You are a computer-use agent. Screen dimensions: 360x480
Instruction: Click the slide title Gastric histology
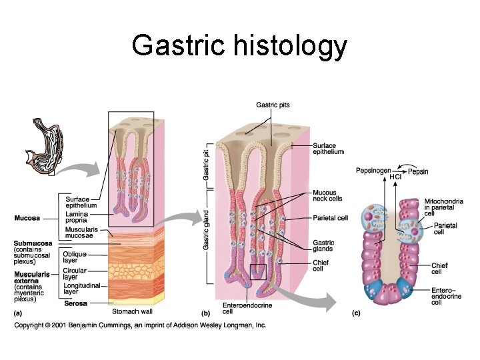point(239,46)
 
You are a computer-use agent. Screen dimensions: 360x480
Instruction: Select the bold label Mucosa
point(27,218)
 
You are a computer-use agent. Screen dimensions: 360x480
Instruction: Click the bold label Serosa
point(75,304)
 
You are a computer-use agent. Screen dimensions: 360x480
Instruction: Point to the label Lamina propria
point(77,217)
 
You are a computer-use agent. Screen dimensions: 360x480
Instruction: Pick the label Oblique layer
point(74,257)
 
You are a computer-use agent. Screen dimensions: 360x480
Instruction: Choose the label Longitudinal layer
point(80,288)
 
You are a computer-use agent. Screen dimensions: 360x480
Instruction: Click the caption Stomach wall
point(133,310)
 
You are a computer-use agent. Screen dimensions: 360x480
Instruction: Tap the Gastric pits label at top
point(273,105)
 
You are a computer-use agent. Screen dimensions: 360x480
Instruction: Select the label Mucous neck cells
point(327,196)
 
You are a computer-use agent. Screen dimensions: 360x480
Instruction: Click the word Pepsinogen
point(374,171)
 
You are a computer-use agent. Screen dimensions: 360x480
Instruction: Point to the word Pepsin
point(418,171)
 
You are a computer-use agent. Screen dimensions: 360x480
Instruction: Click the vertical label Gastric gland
point(206,228)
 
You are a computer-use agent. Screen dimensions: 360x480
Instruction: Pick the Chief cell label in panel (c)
point(439,268)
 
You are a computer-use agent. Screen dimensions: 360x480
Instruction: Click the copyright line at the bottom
point(140,325)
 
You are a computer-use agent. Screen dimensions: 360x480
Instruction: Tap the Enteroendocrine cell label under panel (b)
point(237,308)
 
